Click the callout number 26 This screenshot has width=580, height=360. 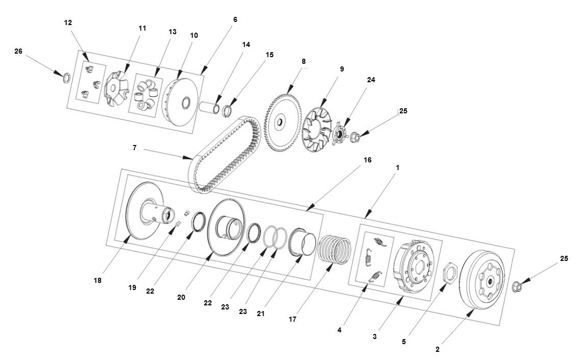pos(18,51)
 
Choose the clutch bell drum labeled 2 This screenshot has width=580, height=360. pos(482,278)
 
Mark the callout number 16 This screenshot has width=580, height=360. pos(367,160)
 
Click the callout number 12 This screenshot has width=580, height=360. pos(68,22)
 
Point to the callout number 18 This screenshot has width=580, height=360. pos(98,280)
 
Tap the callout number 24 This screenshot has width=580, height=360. pos(371,80)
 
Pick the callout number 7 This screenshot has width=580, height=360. pos(134,148)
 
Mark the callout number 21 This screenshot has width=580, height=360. pos(261,314)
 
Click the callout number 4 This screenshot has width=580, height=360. pos(339,330)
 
